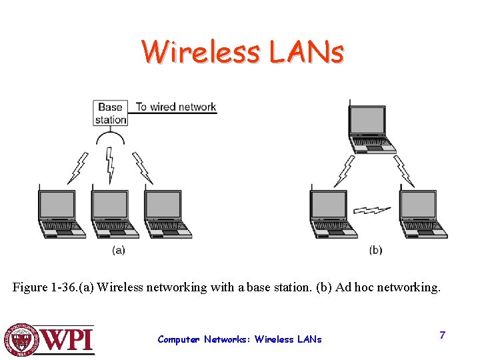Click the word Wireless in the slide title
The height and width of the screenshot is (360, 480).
(202, 53)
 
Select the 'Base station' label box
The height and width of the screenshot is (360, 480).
(111, 113)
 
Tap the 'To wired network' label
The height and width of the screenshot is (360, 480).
(176, 107)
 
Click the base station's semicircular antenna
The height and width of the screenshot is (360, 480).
(111, 138)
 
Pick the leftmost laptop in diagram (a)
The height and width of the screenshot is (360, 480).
(61, 214)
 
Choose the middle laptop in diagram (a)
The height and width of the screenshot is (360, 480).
(114, 214)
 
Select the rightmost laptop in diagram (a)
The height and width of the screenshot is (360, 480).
(167, 214)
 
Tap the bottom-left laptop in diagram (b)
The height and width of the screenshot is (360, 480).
(332, 214)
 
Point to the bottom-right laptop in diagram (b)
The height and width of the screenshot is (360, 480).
(422, 214)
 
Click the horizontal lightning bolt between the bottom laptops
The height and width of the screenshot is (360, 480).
(373, 210)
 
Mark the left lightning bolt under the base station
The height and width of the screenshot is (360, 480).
(78, 169)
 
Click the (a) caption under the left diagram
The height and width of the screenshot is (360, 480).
(118, 250)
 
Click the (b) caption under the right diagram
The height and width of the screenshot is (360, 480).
(375, 250)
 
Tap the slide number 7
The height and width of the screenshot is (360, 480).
(442, 335)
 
